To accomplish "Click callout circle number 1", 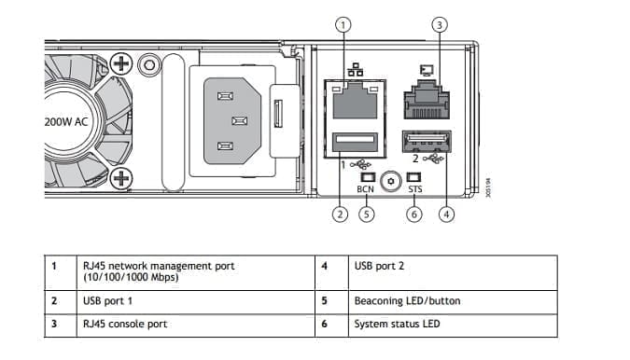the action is (343, 25).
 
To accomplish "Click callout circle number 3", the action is (440, 25).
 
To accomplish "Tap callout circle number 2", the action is (340, 215).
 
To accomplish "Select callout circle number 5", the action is (366, 215).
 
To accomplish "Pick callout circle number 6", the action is (413, 215).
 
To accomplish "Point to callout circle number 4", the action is (446, 215).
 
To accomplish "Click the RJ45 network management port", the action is (356, 101).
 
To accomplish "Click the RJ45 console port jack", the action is (427, 100).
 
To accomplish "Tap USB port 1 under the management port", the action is (356, 142).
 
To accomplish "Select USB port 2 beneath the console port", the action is (427, 141).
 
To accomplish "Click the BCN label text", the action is (365, 189).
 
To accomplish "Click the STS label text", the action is (415, 188).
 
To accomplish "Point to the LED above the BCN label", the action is (368, 177).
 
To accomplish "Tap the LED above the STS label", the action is (413, 177).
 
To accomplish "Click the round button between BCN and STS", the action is (391, 182).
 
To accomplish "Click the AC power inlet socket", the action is (232, 121).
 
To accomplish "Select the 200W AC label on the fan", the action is (66, 122).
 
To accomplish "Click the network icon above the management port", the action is (356, 70).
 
